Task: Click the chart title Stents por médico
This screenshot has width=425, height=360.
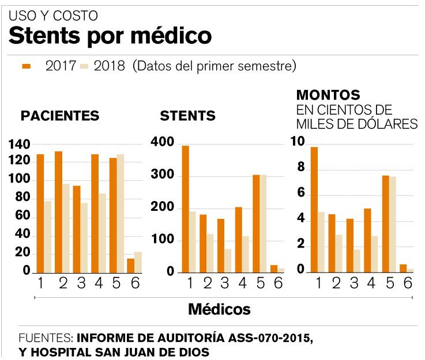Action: (x=110, y=36)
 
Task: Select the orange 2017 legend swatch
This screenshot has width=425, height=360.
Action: (x=27, y=66)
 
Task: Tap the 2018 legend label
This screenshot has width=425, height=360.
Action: (x=110, y=66)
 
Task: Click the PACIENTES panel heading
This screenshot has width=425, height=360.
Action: (x=60, y=116)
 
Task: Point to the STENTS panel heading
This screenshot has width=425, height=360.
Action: (x=187, y=116)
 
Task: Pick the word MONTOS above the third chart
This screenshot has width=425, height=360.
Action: (x=328, y=95)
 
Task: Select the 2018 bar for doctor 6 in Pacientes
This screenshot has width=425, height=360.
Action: (x=137, y=262)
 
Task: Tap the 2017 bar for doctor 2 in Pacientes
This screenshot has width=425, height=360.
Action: (x=58, y=211)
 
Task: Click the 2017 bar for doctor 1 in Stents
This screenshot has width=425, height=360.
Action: (x=185, y=209)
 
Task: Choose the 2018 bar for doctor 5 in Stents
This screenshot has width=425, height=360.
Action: (x=262, y=223)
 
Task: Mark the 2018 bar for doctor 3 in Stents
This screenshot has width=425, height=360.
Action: (x=227, y=260)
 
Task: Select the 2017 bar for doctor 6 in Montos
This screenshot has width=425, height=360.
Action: (x=403, y=268)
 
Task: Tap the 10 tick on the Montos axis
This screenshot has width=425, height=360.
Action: (x=298, y=142)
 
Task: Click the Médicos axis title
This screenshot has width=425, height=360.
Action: (x=219, y=309)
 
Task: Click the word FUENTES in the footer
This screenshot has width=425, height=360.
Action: (x=46, y=338)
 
